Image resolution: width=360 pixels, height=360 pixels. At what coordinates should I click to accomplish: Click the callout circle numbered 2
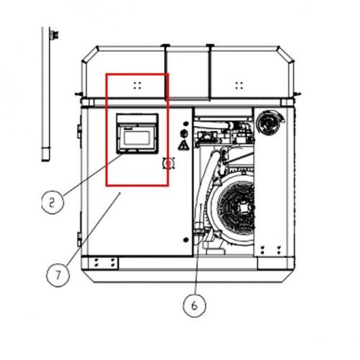53,203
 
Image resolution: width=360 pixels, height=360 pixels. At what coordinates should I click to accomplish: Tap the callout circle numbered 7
58,275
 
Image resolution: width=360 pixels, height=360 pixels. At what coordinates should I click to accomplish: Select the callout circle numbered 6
194,305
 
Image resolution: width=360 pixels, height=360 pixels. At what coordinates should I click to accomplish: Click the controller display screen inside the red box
137,138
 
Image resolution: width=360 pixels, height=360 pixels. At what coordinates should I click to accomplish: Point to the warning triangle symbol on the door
184,145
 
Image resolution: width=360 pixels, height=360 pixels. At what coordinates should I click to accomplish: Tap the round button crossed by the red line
168,163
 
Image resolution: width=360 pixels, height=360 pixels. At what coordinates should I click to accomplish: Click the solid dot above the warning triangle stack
186,124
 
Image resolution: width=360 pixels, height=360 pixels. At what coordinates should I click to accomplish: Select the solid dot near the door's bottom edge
186,240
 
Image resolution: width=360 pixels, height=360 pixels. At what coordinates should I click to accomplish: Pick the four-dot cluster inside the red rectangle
138,85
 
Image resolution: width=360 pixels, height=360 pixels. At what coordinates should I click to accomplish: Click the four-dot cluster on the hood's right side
239,85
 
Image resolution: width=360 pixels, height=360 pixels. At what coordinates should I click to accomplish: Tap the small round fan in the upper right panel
268,123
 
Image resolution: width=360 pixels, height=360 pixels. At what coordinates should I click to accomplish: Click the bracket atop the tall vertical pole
54,35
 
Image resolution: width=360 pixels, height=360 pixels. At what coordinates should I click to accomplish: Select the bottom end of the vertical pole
45,161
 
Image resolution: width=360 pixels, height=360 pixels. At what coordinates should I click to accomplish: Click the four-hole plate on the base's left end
104,263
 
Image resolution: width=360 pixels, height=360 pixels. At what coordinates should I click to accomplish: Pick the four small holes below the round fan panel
271,250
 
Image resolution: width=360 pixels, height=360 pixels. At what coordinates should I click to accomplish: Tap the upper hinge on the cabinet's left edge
79,131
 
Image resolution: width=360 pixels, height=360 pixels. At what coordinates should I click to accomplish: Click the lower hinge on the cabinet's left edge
79,239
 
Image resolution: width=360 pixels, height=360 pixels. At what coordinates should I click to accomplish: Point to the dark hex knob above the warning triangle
184,133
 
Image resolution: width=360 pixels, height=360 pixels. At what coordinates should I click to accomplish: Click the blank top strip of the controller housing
137,118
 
